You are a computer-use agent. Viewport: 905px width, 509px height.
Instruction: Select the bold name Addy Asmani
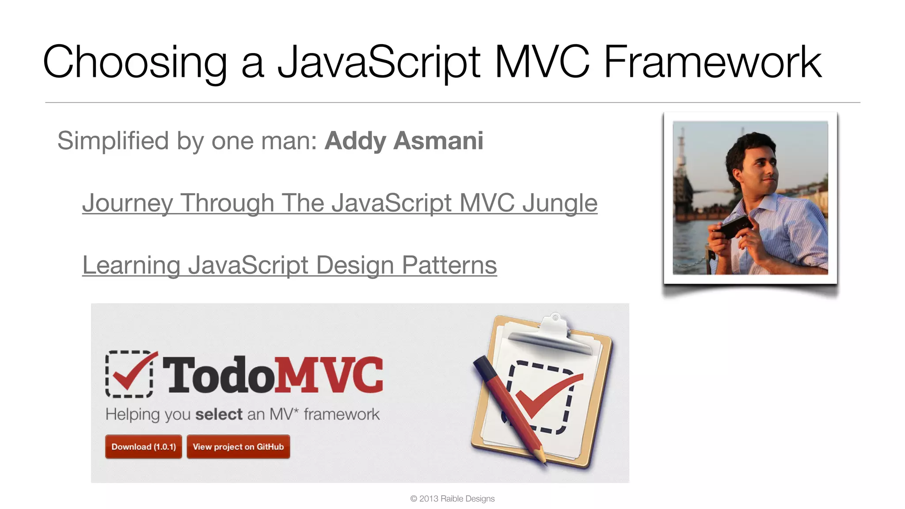click(403, 141)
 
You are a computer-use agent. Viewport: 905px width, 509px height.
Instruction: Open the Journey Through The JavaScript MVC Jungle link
click(339, 203)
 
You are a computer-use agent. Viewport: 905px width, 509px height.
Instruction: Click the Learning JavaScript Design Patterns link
click(289, 265)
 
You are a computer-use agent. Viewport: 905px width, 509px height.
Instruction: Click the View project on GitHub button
click(238, 447)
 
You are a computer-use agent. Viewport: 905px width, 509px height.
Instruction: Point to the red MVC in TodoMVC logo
click(329, 375)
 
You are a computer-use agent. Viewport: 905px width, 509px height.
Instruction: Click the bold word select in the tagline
click(219, 414)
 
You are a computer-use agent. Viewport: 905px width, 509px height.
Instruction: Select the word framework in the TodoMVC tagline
click(342, 414)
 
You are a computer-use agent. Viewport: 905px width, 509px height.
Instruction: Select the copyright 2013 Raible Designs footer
click(452, 498)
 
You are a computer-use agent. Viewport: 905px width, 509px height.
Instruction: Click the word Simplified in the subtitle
click(113, 141)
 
